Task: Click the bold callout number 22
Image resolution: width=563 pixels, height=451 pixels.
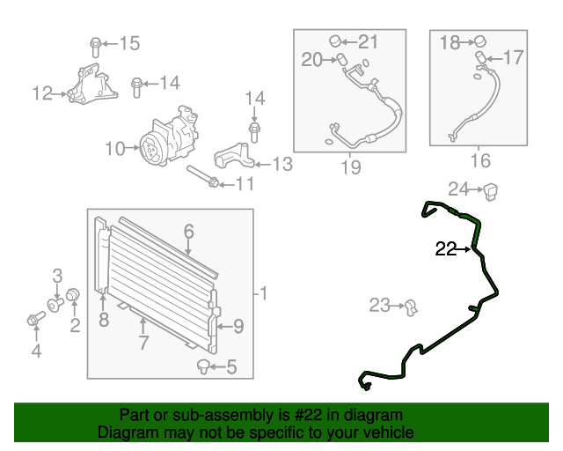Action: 446,249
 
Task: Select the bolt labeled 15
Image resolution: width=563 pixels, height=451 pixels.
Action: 95,47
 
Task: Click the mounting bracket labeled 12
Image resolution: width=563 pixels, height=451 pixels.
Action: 92,85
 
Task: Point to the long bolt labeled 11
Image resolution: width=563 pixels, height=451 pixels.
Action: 203,176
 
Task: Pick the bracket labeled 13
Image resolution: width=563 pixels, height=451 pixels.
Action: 234,155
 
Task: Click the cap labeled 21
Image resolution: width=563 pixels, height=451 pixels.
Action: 335,41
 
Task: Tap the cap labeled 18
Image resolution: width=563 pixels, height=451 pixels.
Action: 481,41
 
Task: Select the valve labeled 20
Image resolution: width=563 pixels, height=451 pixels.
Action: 342,59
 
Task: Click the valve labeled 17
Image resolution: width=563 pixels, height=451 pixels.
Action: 481,57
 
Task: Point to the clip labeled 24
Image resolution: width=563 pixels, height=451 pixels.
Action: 491,191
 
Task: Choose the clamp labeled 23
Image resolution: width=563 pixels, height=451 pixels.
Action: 411,307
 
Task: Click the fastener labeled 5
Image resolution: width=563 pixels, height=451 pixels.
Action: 203,366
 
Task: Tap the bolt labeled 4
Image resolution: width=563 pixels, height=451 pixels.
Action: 35,319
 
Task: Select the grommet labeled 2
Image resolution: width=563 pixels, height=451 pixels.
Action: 73,294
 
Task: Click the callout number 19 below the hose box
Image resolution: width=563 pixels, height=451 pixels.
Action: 350,167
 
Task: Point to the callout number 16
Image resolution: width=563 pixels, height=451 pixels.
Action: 480,160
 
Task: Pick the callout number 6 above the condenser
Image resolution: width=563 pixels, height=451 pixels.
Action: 189,232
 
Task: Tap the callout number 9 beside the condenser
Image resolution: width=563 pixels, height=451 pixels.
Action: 238,327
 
